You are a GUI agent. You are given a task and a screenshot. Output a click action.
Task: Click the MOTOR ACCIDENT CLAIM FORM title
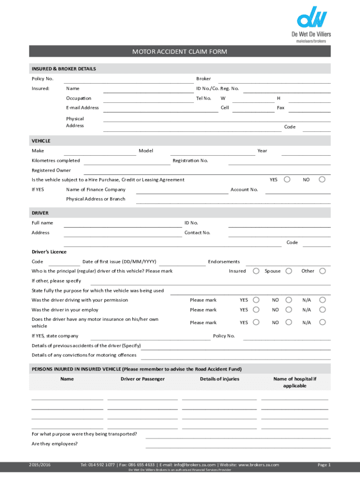pyautogui.click(x=180, y=51)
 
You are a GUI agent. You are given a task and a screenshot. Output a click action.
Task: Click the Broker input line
pyautogui.click(x=274, y=80)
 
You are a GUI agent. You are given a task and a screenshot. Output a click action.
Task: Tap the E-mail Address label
pyautogui.click(x=82, y=108)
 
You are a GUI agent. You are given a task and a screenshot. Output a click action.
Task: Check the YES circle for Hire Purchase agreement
pyautogui.click(x=288, y=179)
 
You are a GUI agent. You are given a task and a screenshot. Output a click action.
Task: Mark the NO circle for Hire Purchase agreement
pyautogui.click(x=322, y=179)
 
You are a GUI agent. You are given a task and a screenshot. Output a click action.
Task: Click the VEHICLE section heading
pyautogui.click(x=41, y=141)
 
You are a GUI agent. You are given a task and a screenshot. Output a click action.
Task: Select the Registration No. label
pyautogui.click(x=190, y=160)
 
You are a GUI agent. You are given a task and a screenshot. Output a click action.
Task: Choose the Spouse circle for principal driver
pyautogui.click(x=289, y=271)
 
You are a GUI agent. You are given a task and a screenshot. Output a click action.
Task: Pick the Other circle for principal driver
pyautogui.click(x=322, y=271)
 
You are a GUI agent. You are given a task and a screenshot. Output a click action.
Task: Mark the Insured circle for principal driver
pyautogui.click(x=256, y=271)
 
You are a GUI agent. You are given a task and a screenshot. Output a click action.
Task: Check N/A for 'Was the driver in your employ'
pyautogui.click(x=322, y=310)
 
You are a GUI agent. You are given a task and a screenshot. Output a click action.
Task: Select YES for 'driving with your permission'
pyautogui.click(x=256, y=300)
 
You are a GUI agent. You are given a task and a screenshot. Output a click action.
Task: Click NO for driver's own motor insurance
pyautogui.click(x=289, y=322)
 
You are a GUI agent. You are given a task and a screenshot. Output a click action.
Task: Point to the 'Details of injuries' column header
pyautogui.click(x=219, y=379)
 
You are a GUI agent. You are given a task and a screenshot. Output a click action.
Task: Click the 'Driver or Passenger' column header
pyautogui.click(x=143, y=379)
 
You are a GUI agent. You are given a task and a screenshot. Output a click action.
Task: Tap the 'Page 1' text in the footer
pyautogui.click(x=324, y=464)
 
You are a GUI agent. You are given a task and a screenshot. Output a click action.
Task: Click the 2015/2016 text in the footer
pyautogui.click(x=39, y=464)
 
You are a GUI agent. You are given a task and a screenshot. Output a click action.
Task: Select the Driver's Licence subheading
pyautogui.click(x=49, y=252)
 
